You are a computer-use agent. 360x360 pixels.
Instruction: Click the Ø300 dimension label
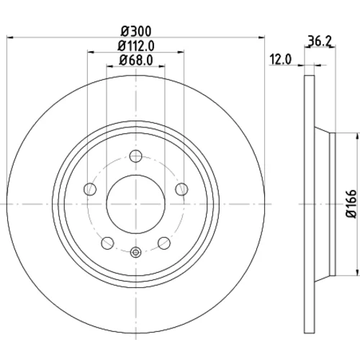tap(136, 31)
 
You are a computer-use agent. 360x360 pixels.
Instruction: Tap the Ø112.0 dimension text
tap(136, 46)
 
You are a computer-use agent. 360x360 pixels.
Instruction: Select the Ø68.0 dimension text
tap(136, 60)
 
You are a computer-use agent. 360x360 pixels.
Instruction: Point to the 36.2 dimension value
tap(320, 41)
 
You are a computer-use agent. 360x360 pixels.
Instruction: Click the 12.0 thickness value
tap(281, 60)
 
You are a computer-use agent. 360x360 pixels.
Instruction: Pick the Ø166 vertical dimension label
tap(352, 204)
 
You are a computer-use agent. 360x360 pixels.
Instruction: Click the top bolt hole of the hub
tap(136, 156)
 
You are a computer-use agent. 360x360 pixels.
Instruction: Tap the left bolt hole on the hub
tap(90, 189)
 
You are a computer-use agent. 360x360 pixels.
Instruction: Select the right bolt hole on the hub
tap(181, 189)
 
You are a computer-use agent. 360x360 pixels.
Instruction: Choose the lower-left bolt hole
tap(107, 243)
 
